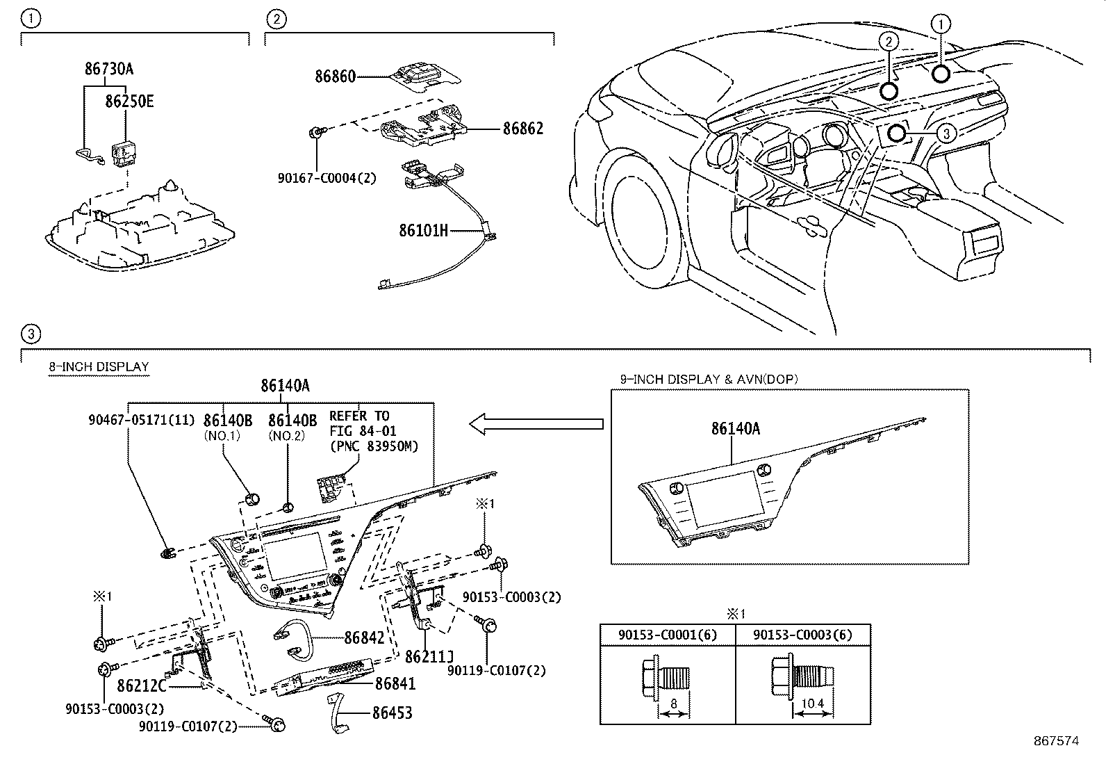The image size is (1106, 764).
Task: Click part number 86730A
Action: coord(109,70)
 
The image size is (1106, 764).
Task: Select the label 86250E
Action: coord(129,101)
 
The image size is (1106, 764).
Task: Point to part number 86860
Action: coord(335,76)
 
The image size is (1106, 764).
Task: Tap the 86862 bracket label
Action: coord(523,129)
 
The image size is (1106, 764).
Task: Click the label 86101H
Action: coord(424,230)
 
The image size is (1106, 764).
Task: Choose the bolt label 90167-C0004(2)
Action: coord(327,179)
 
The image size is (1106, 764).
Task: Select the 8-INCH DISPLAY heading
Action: coord(99,366)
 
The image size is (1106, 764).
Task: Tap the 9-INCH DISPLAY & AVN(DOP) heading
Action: coord(709,379)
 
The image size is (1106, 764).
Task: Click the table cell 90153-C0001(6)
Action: coord(668,635)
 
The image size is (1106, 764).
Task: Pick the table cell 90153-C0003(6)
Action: coord(802,635)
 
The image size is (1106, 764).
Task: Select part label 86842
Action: coord(364,638)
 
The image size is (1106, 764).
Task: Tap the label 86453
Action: coord(392,713)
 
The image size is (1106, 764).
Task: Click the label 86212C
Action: coord(142,686)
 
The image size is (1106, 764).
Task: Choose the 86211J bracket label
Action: coord(429,657)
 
